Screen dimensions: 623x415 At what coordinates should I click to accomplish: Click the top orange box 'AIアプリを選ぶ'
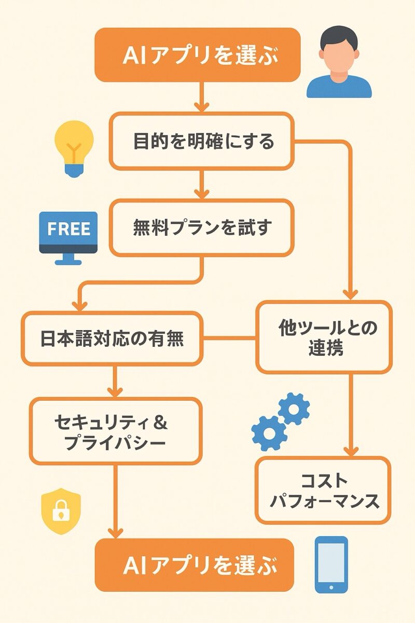[198, 55]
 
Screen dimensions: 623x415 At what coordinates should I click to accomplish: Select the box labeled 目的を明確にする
[202, 141]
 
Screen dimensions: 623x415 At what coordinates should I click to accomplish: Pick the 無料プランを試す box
[202, 228]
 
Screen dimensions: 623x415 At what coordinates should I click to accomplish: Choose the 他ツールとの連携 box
[324, 337]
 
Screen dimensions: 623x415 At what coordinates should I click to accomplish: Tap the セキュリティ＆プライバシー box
[115, 431]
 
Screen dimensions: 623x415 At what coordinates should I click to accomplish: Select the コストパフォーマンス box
[323, 490]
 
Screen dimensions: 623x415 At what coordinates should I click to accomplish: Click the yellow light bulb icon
[74, 148]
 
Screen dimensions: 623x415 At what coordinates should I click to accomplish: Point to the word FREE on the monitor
[68, 229]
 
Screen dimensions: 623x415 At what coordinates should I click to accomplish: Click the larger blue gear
[269, 432]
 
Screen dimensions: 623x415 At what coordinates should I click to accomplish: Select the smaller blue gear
[294, 409]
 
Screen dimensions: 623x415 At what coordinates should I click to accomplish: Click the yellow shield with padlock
[61, 511]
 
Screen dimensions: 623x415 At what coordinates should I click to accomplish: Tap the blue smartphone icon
[331, 565]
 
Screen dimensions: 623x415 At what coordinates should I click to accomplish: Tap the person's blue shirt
[339, 88]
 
